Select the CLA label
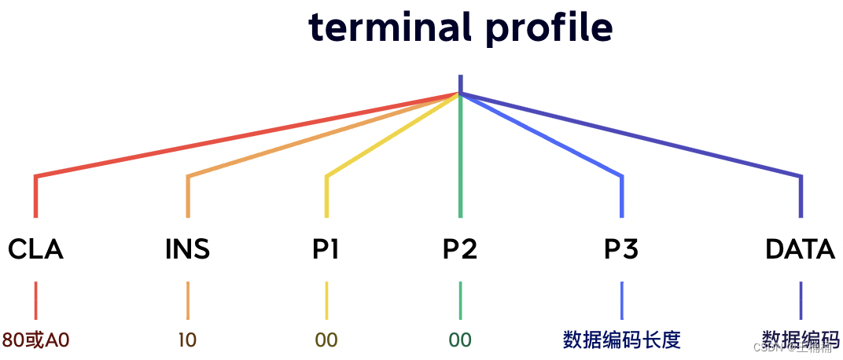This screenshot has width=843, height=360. [x=35, y=250]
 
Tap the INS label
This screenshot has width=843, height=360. [x=187, y=250]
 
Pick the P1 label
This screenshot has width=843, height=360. [x=326, y=250]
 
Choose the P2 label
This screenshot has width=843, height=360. [x=460, y=250]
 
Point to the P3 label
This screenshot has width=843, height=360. [x=621, y=250]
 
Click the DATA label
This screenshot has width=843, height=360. [x=800, y=250]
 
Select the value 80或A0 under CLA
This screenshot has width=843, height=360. [x=36, y=340]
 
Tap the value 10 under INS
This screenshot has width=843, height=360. [x=187, y=340]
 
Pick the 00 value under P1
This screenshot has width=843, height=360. [x=326, y=340]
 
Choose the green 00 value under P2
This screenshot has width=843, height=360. [x=460, y=340]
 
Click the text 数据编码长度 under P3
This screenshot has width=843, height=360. [x=621, y=340]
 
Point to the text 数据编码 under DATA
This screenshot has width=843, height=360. [x=801, y=340]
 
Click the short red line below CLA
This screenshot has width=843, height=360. [x=36, y=300]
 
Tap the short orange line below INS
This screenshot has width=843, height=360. [x=188, y=300]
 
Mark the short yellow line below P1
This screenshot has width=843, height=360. [x=326, y=300]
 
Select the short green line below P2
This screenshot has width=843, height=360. [x=460, y=300]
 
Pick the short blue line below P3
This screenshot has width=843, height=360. [x=622, y=300]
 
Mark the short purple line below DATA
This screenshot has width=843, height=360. [x=801, y=300]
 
